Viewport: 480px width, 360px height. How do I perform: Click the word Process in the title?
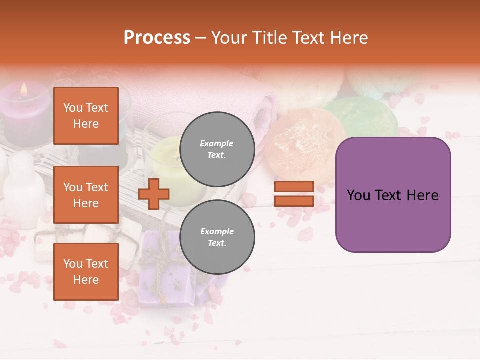point(157,38)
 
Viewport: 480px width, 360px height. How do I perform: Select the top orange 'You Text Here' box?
point(86,116)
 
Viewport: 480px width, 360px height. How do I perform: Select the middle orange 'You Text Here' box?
point(86,195)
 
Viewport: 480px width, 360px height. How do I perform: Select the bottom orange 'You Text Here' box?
point(86,271)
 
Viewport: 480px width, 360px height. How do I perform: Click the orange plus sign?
point(154,194)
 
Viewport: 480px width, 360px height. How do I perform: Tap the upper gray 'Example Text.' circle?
point(217,149)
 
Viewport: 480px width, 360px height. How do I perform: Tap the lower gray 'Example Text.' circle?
point(217,237)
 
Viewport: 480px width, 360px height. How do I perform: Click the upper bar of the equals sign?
point(294,186)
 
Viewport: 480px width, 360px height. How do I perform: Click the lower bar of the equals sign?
point(294,201)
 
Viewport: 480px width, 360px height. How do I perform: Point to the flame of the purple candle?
point(23,90)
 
